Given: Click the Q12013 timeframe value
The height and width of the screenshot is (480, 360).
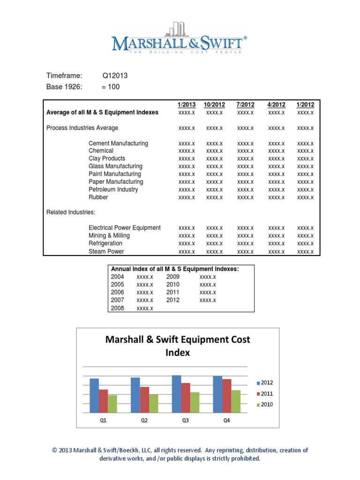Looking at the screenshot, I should pyautogui.click(x=115, y=75).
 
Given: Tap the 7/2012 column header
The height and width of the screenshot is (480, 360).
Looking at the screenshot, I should pyautogui.click(x=246, y=105).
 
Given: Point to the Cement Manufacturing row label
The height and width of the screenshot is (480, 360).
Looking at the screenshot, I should pyautogui.click(x=118, y=143).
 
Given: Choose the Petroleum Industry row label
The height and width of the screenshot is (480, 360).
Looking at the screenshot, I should pyautogui.click(x=113, y=189).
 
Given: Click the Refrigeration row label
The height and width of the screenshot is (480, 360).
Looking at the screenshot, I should pyautogui.click(x=105, y=243).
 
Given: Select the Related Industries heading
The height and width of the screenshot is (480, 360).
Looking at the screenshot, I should pyautogui.click(x=71, y=212).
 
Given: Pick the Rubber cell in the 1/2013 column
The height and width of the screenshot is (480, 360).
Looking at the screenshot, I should pyautogui.click(x=187, y=197).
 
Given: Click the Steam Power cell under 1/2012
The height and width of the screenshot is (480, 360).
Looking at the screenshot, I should pyautogui.click(x=305, y=251).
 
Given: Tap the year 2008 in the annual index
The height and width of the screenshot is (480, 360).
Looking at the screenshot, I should pyautogui.click(x=118, y=308).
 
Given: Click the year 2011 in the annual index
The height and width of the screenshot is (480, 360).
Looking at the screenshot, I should pyautogui.click(x=173, y=292).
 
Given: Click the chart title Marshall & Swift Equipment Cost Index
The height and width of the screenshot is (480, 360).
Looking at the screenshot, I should pyautogui.click(x=178, y=346).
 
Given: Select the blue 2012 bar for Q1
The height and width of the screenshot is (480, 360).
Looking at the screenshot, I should pyautogui.click(x=94, y=396).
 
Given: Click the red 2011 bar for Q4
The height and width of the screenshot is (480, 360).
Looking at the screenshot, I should pyautogui.click(x=226, y=396).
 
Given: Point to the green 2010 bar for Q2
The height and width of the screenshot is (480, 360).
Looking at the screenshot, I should pyautogui.click(x=153, y=404).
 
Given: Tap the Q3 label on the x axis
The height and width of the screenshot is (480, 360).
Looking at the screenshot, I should pyautogui.click(x=186, y=421).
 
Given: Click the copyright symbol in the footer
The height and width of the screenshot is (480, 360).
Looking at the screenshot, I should pyautogui.click(x=55, y=450).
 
